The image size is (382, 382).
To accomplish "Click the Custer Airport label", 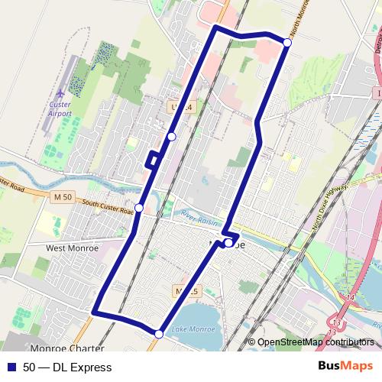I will tap(60, 108).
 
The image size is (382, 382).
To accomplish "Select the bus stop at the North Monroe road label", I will tap(287, 43).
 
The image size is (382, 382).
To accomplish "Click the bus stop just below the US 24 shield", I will tap(172, 136).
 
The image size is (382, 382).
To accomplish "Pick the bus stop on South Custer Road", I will tap(139, 208).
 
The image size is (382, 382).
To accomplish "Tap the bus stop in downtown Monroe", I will tap(229, 243).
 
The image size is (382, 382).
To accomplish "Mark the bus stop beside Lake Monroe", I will tap(159, 333).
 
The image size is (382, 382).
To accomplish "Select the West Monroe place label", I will tap(72, 248).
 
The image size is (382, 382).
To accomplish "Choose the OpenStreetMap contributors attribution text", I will tap(315, 342).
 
